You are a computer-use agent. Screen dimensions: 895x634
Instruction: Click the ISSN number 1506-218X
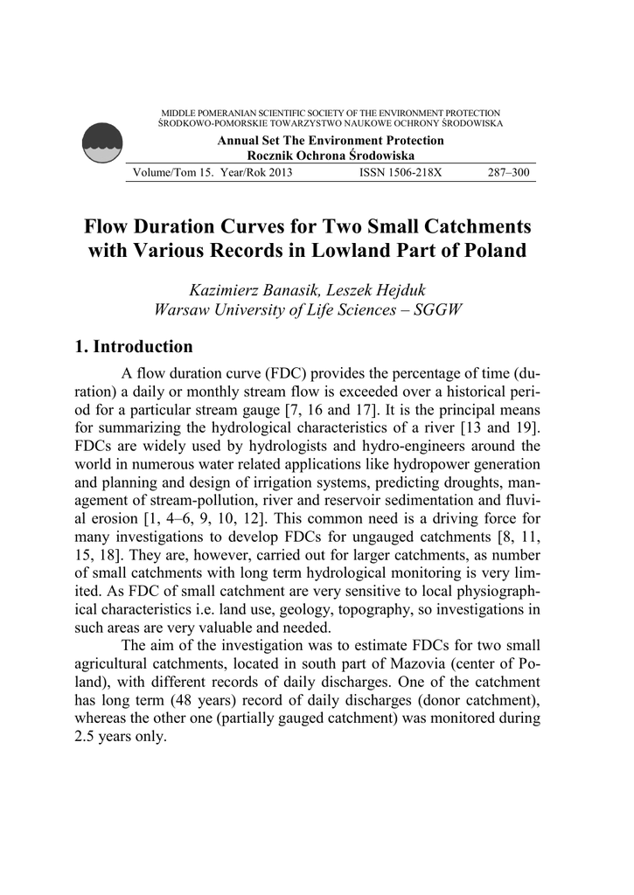[401, 172]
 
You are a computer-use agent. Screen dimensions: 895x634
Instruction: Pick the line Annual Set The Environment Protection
[331, 141]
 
